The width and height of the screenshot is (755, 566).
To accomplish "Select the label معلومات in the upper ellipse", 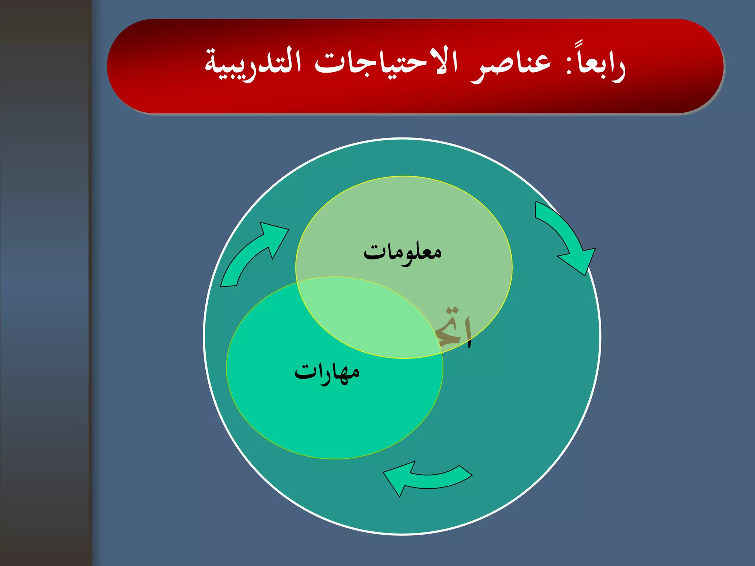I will (403, 252).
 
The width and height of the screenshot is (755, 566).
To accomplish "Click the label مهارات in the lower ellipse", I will (327, 373).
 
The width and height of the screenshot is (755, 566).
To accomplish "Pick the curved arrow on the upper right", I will (564, 236).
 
